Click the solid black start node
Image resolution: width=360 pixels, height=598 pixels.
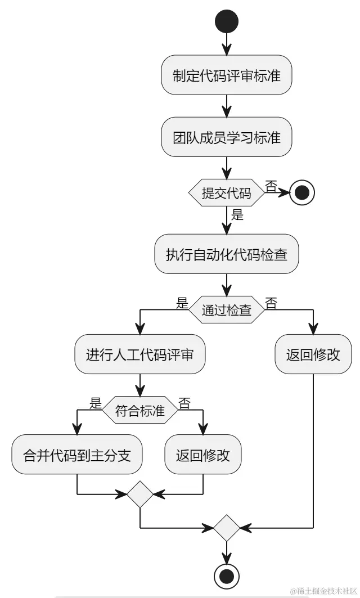(226, 21)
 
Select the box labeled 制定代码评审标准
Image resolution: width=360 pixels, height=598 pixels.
(226, 75)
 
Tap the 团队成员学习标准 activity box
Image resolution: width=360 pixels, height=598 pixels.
(226, 137)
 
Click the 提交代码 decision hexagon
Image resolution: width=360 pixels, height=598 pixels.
(226, 194)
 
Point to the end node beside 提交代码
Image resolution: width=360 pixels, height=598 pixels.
(302, 194)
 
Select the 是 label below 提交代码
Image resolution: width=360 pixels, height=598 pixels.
(237, 214)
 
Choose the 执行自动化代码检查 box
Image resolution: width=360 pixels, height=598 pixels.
(226, 254)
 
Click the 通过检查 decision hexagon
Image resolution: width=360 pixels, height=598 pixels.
(226, 309)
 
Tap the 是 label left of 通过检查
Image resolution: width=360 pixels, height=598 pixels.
(182, 304)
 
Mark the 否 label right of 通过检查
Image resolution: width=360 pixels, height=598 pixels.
(271, 304)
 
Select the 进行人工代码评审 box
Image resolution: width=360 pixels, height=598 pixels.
(140, 354)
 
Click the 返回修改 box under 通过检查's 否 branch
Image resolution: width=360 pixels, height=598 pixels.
(313, 354)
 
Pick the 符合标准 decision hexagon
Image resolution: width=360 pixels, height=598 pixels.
(140, 411)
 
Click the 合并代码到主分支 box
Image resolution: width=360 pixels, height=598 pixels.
(77, 455)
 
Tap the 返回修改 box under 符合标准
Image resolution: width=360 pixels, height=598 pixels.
(202, 455)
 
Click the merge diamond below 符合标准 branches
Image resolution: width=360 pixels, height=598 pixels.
(140, 494)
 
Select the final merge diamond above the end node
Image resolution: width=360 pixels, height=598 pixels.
(226, 528)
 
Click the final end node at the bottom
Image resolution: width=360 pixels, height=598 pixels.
(226, 576)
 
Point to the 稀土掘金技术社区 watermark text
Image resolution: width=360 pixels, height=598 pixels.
(323, 591)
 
